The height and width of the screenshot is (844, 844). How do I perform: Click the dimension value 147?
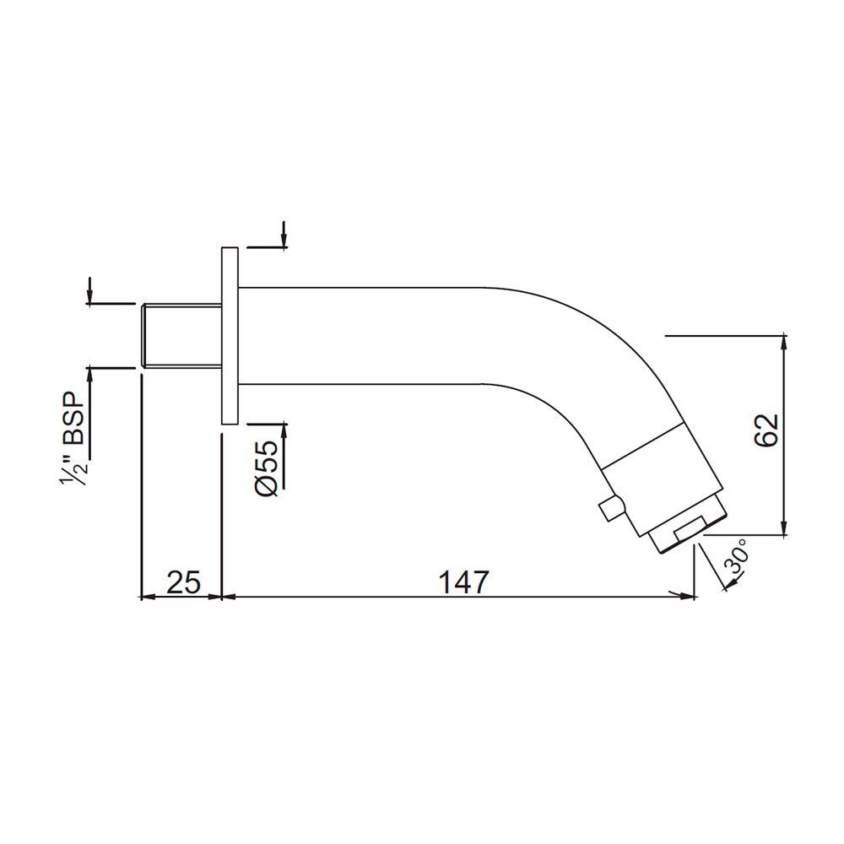[x=463, y=582]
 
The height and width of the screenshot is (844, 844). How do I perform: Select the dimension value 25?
[x=182, y=582]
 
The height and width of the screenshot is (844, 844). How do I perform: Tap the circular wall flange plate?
[x=230, y=335]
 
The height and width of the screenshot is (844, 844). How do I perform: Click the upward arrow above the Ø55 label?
[x=284, y=431]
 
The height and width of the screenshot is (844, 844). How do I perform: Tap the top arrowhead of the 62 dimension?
[x=785, y=342]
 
